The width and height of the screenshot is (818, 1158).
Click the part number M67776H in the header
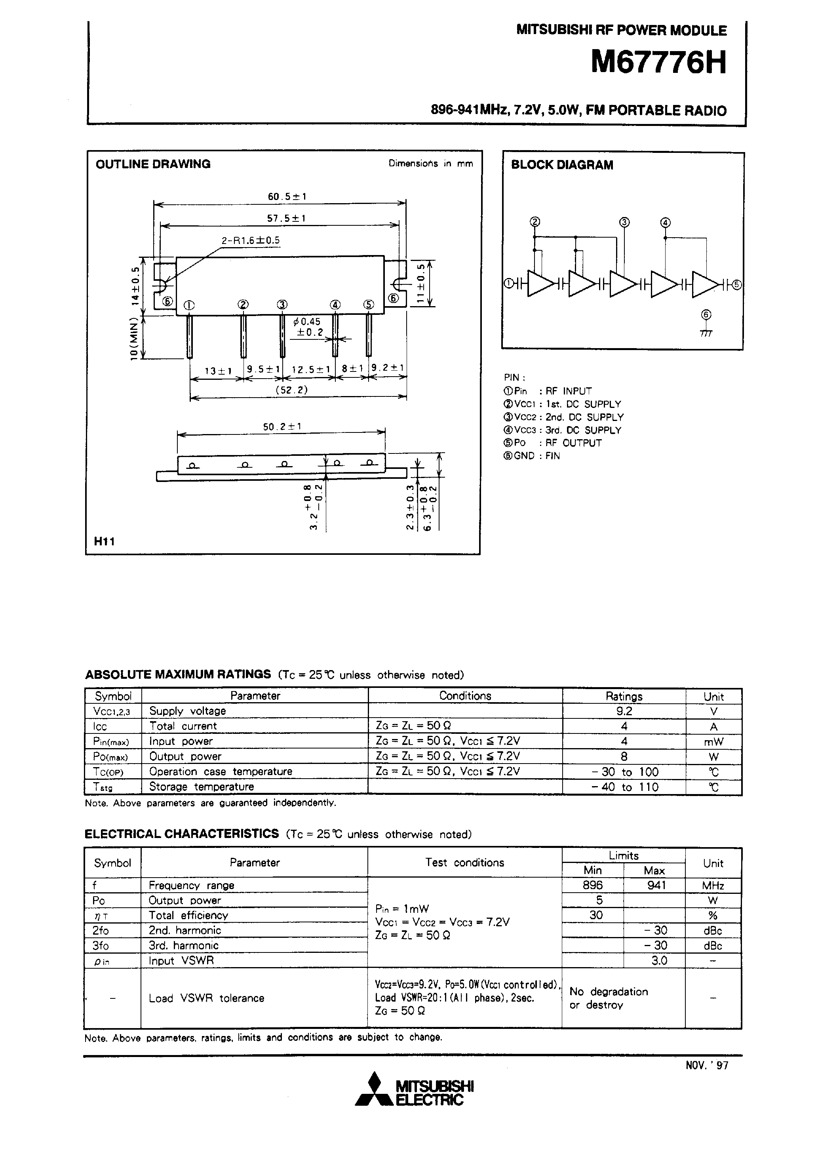pyautogui.click(x=658, y=63)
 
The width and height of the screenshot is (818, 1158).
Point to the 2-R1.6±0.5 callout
pyautogui.click(x=251, y=240)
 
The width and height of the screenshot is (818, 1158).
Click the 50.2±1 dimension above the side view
pyautogui.click(x=282, y=427)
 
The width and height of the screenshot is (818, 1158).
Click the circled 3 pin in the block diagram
pyautogui.click(x=624, y=223)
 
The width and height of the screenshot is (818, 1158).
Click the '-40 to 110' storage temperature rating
pyautogui.click(x=624, y=787)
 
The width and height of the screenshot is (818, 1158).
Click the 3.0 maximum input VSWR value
pyautogui.click(x=658, y=960)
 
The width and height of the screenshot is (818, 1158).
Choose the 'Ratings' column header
pyautogui.click(x=624, y=697)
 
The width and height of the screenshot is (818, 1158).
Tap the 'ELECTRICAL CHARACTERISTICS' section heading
pyautogui.click(x=182, y=834)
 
